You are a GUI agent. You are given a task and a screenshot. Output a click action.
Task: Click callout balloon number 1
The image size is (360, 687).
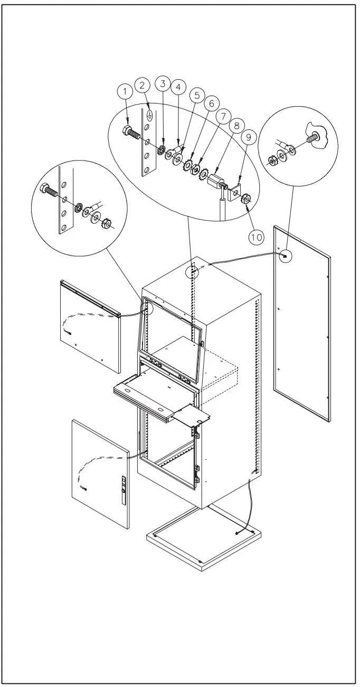point(125,91)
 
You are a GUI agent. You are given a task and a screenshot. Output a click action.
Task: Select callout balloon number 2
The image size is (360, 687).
point(143,84)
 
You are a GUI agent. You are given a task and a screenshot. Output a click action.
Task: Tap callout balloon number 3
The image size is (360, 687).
point(163,83)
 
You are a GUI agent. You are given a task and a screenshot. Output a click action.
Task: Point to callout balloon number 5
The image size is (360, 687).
point(197,96)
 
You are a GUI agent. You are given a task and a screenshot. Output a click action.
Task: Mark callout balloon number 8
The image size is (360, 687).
point(236,126)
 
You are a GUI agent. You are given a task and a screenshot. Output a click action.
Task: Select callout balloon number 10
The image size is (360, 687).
point(257,237)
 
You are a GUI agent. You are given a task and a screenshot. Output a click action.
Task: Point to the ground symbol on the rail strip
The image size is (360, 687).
point(149,114)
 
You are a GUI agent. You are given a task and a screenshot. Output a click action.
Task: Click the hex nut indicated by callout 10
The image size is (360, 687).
point(245,200)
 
